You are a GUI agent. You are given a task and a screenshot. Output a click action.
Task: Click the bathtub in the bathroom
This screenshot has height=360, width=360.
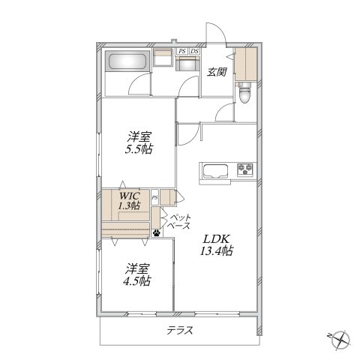[x=127, y=61]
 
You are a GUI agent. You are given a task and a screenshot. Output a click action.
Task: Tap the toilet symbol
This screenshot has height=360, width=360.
[x=244, y=92]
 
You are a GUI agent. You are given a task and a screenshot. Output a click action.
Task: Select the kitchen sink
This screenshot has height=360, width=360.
[x=215, y=171]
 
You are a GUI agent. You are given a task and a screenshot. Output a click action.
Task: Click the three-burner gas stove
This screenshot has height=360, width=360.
[x=245, y=169]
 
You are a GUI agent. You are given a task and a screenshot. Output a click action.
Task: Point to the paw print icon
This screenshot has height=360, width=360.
[x=157, y=233]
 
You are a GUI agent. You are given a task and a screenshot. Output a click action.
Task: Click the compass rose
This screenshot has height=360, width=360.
[x=340, y=340]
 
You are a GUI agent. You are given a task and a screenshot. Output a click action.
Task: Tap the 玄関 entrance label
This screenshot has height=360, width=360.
[x=217, y=72]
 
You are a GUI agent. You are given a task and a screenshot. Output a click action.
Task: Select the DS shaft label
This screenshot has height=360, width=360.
[x=194, y=51]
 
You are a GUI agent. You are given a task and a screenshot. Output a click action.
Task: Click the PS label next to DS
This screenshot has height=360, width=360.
[x=182, y=51]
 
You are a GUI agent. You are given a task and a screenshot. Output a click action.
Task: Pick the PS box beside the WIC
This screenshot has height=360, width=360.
[x=155, y=197]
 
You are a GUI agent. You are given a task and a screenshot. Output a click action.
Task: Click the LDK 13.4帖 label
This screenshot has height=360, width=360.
[x=216, y=245]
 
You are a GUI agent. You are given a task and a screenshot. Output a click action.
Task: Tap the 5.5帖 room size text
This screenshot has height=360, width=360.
[x=139, y=149]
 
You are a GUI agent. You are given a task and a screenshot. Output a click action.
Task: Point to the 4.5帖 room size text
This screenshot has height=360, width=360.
[x=136, y=281]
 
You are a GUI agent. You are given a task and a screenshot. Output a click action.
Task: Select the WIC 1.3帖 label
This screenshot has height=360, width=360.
[x=129, y=200]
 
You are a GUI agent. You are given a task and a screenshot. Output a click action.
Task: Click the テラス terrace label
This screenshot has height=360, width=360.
[x=180, y=330]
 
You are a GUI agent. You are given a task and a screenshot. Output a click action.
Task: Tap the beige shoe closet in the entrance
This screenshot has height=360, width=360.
[x=246, y=64]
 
